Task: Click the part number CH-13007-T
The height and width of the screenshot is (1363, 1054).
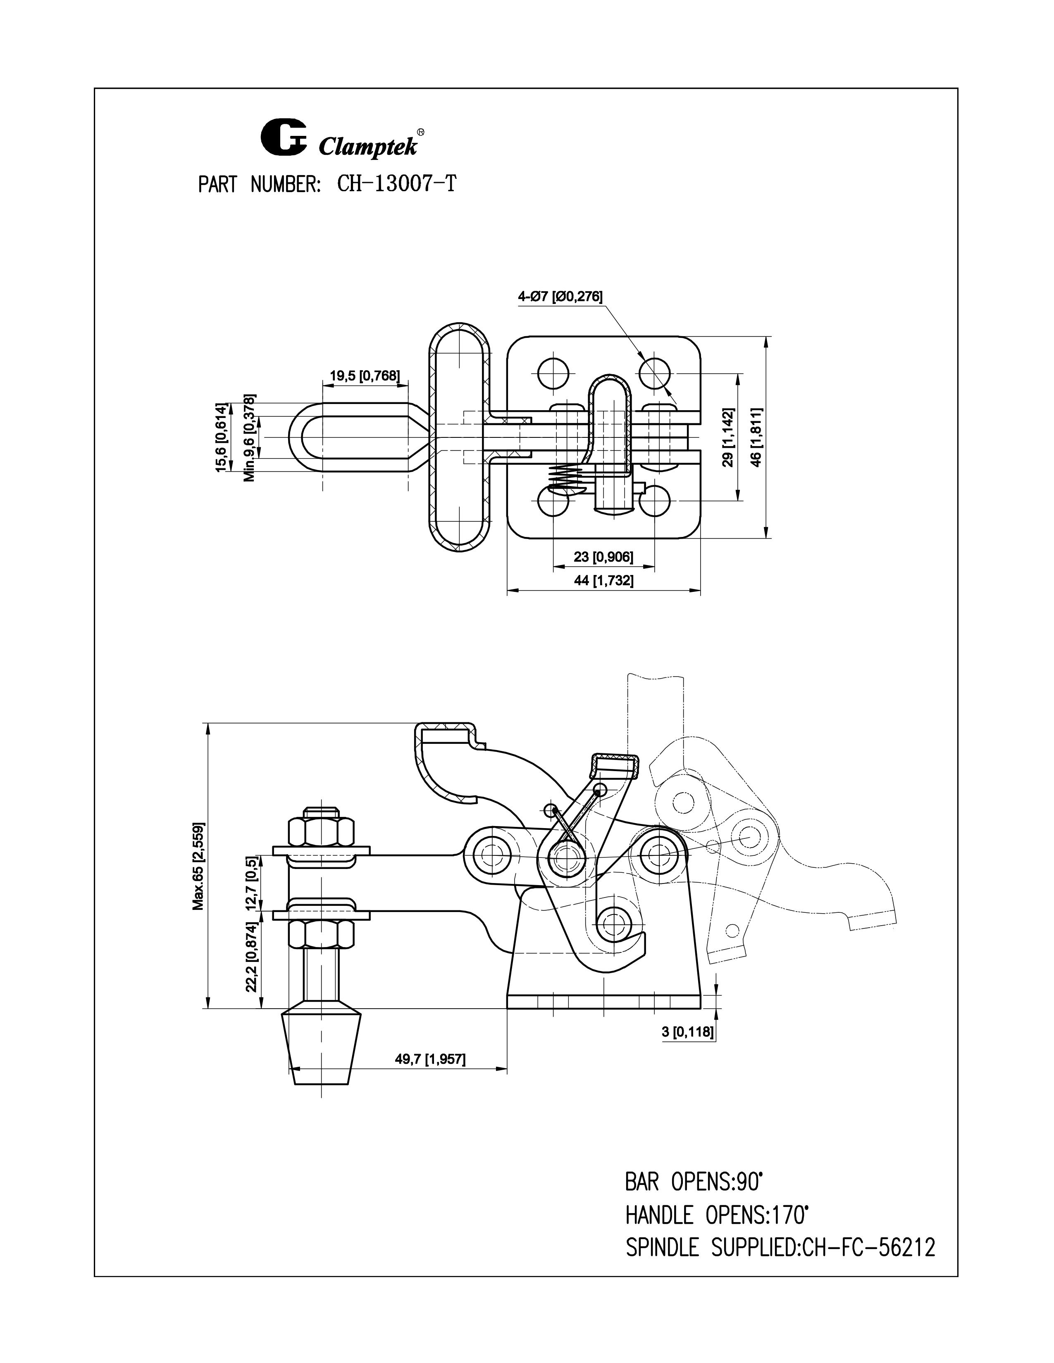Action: [x=396, y=184]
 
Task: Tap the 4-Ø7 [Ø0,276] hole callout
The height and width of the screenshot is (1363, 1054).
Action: [x=560, y=297]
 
